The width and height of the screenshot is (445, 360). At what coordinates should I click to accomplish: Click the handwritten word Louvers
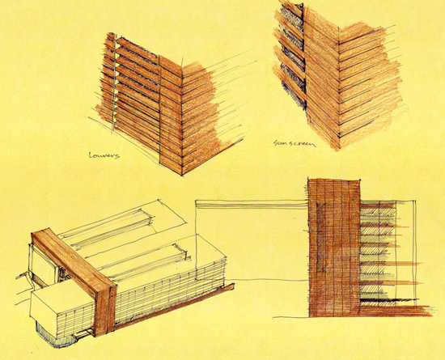(x=104, y=155)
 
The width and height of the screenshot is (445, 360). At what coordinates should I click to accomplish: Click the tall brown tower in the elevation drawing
(x=334, y=248)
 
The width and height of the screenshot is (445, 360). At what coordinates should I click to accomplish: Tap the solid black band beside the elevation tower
(x=389, y=300)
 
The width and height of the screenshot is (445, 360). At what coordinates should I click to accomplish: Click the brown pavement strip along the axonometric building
(x=175, y=306)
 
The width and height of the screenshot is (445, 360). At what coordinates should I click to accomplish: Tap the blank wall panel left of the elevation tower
(x=252, y=244)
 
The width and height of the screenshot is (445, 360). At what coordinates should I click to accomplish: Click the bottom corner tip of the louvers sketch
(x=182, y=175)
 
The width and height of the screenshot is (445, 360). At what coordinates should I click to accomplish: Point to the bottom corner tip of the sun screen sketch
(x=338, y=149)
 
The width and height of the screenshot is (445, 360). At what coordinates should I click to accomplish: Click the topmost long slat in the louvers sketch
(x=138, y=49)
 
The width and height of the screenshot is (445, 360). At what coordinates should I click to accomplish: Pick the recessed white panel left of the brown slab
(x=43, y=265)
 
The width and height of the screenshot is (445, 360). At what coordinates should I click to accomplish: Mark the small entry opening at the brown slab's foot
(x=83, y=332)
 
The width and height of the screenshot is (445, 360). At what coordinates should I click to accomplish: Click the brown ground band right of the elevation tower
(x=396, y=310)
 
